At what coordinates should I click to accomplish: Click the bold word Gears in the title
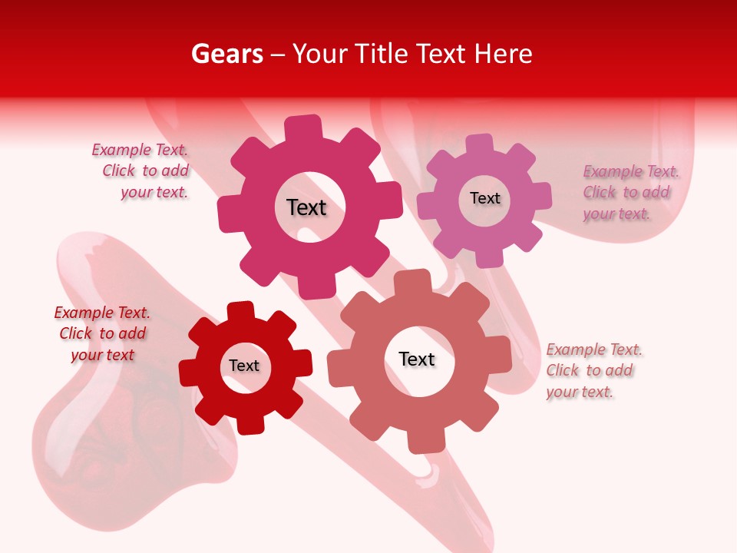click(226, 54)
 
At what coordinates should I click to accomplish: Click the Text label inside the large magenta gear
click(306, 207)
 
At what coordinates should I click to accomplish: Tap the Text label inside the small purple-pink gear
click(484, 198)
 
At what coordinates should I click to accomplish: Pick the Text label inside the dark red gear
click(244, 366)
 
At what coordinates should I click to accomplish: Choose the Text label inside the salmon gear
click(417, 359)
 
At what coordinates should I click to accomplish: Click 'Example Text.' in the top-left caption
click(140, 150)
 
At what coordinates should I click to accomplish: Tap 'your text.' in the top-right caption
click(616, 214)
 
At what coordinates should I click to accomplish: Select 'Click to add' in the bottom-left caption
click(102, 333)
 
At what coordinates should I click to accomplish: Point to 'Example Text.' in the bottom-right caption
click(594, 349)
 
